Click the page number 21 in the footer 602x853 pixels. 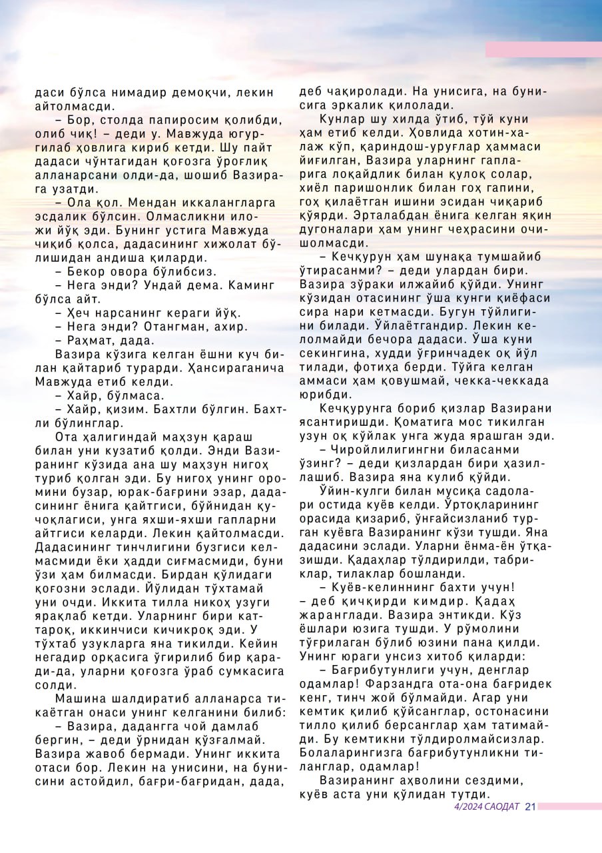coord(530,807)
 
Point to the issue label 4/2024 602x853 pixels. coord(467,807)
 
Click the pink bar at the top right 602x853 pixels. coord(543,49)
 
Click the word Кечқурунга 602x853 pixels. coord(357,408)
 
